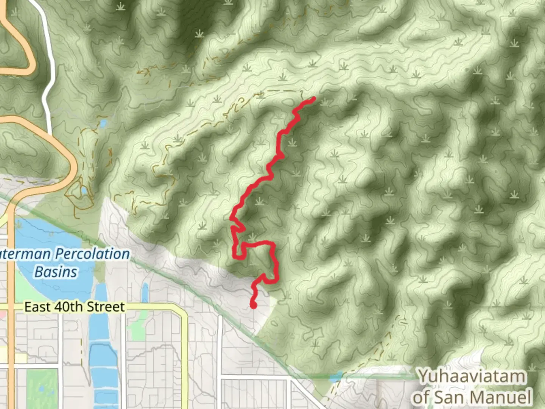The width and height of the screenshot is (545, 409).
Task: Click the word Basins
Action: click(56, 272)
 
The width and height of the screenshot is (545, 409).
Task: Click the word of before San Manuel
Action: click(421, 398)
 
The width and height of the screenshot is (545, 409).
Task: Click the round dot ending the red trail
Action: click(253, 305)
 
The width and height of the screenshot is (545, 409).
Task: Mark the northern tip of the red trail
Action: click(314, 99)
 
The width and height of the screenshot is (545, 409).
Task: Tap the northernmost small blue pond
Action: click(103, 123)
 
